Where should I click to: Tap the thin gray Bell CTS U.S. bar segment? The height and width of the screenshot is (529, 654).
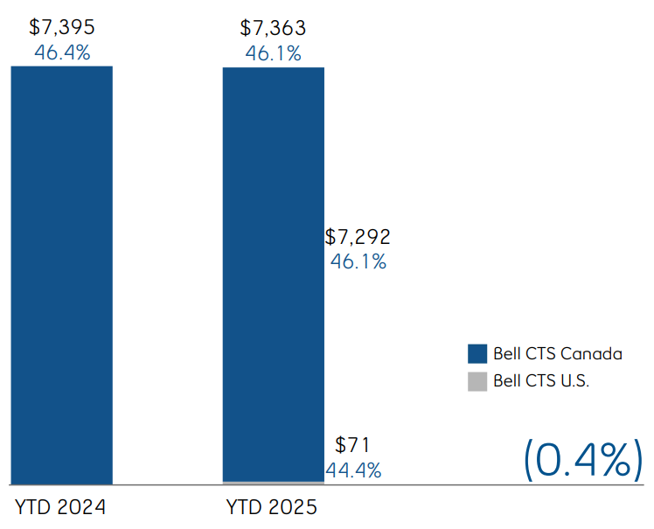[x=273, y=482]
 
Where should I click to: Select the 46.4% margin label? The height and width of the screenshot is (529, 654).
[x=61, y=52]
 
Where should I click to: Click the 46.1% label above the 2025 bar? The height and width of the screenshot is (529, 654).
[x=273, y=52]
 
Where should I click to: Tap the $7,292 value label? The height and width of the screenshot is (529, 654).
[x=358, y=237]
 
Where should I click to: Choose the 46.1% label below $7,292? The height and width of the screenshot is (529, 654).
[x=358, y=261]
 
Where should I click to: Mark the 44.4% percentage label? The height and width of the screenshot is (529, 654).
[x=353, y=470]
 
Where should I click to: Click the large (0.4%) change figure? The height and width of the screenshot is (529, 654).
[x=583, y=459]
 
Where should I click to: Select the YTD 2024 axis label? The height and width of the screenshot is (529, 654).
[x=60, y=507]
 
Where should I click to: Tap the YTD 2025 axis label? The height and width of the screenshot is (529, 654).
[x=271, y=507]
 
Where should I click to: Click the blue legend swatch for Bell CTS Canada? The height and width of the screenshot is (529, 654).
[x=477, y=354]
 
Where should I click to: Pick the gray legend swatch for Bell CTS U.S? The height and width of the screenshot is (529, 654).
[x=477, y=381]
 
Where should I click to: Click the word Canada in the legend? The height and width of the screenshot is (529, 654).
[x=592, y=354]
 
